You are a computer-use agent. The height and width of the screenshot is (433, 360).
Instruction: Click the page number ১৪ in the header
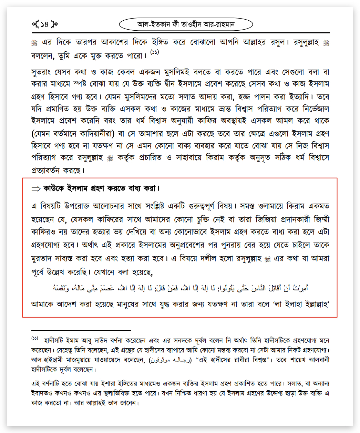[44, 24]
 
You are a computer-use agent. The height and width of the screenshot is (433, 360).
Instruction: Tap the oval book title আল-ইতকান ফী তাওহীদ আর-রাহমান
[186, 24]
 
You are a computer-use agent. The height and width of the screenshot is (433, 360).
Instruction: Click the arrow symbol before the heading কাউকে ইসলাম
[36, 189]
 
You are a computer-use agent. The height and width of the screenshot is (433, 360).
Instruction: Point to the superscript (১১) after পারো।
[155, 52]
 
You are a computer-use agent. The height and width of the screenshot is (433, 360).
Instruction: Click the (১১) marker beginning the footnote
[35, 338]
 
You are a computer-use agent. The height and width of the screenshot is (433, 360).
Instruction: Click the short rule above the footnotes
[81, 330]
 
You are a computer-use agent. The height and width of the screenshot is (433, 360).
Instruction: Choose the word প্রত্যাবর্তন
[45, 170]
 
